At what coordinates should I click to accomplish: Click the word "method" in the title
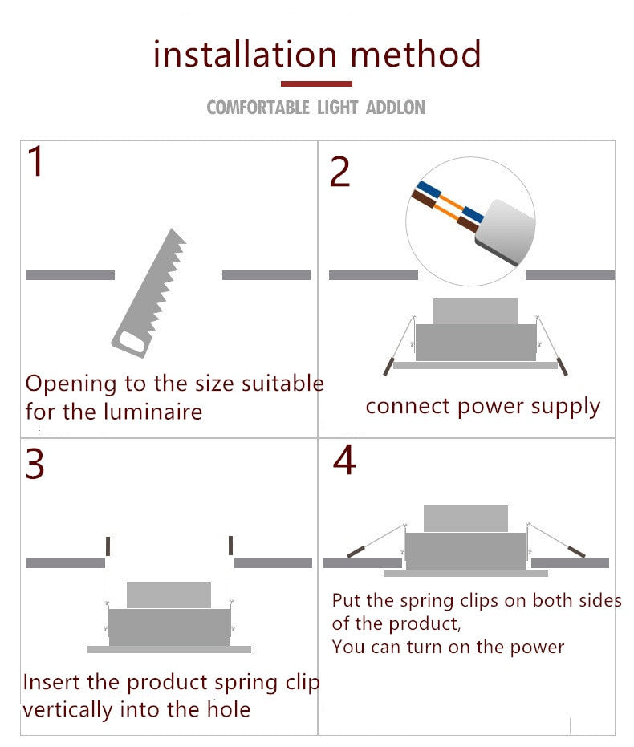tap(416, 53)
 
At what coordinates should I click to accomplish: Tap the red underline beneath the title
tap(316, 83)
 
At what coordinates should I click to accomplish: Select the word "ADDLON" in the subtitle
tap(396, 108)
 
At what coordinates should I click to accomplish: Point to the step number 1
tap(36, 161)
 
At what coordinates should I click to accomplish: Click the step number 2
tap(339, 172)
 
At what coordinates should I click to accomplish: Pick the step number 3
tap(35, 464)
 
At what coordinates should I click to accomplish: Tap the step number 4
tap(344, 460)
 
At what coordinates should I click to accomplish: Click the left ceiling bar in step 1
tap(70, 275)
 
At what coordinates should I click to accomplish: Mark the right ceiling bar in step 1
tap(266, 275)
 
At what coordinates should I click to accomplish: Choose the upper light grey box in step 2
tap(475, 311)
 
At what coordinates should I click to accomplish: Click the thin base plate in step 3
tap(169, 649)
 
